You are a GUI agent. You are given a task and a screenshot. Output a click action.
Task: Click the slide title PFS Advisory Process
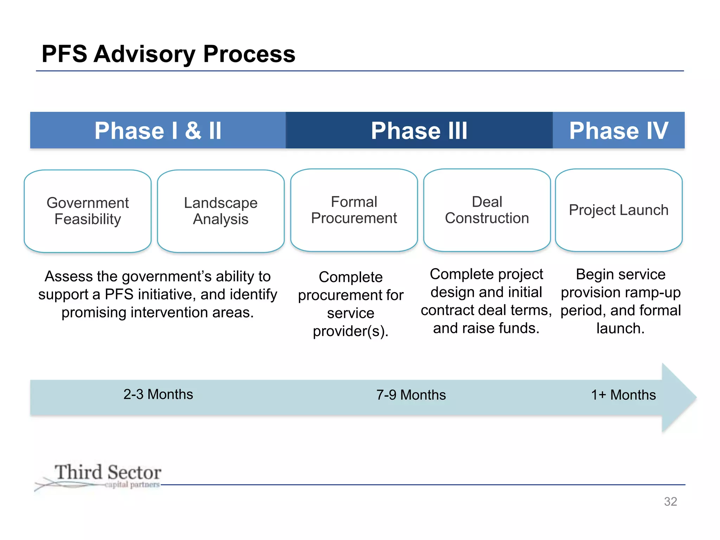168,54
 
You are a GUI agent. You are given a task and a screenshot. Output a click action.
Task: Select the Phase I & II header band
158,130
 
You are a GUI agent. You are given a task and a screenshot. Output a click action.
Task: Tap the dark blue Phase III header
419,130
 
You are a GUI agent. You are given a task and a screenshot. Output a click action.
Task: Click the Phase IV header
618,130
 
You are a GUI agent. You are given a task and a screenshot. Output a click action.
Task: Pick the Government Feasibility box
88,211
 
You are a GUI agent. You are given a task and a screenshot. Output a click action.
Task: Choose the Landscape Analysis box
221,211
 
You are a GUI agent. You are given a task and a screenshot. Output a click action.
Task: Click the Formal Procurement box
354,210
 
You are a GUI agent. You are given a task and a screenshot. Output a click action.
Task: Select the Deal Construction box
487,210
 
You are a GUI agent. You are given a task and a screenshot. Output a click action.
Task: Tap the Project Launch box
619,210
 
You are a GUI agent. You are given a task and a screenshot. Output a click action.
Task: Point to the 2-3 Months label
158,394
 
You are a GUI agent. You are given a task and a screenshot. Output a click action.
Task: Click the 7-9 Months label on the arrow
411,395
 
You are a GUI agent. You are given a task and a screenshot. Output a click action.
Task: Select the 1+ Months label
623,395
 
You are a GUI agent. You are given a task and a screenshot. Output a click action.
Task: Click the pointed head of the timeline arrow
680,398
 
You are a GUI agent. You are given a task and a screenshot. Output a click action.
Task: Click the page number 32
670,502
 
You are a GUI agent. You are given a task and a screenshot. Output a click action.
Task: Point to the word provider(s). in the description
351,331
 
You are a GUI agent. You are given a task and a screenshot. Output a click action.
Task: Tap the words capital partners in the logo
132,485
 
